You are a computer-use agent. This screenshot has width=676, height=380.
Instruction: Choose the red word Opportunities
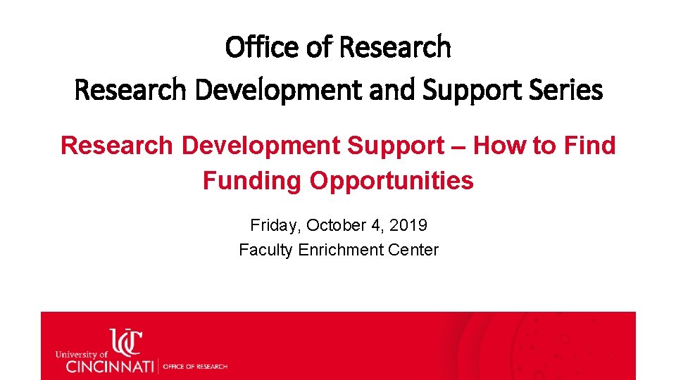392,181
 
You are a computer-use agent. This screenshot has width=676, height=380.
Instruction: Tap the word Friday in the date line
275,226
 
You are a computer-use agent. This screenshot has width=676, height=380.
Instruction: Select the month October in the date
334,226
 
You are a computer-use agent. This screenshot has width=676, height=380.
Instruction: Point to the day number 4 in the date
373,226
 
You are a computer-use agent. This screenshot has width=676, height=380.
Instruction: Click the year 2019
407,226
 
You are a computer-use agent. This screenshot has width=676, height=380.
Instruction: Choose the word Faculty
265,250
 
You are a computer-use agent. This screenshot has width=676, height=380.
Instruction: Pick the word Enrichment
338,250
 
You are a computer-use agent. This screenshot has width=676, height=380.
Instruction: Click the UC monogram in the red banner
125,343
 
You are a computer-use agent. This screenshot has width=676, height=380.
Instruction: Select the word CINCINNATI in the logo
111,366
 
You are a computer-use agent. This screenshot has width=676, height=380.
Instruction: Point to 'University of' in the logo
81,355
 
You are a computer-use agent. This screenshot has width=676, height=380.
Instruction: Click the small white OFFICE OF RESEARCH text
196,367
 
